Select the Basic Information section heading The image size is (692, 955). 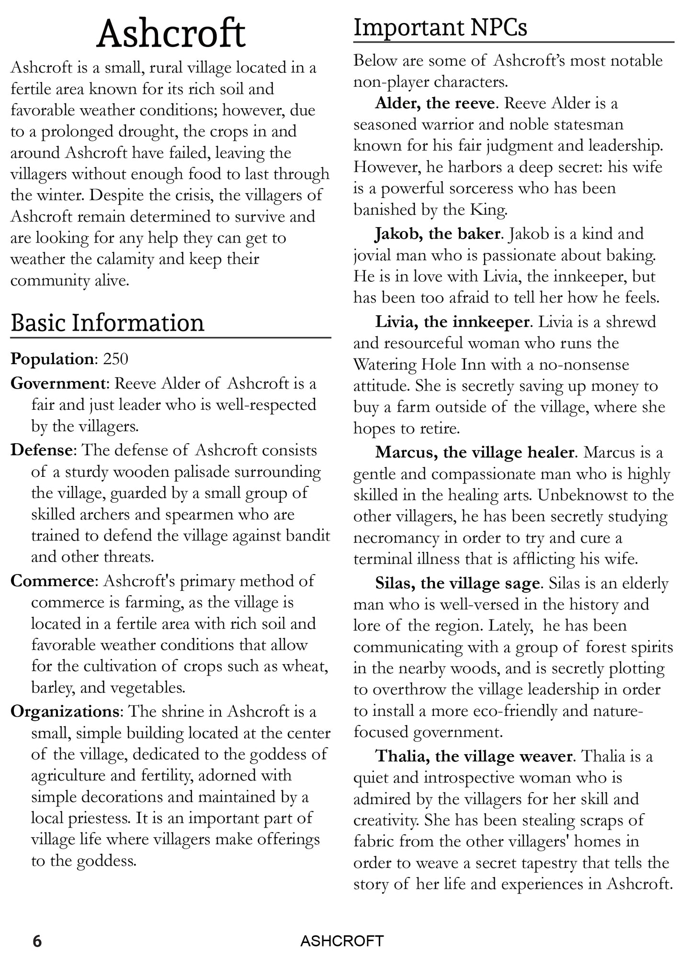tap(107, 322)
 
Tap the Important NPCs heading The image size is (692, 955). tap(440, 27)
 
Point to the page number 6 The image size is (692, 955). tap(37, 941)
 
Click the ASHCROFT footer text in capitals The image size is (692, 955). tap(342, 941)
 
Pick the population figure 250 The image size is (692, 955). tap(115, 359)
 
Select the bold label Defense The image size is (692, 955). tap(41, 450)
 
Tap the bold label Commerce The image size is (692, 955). tap(52, 581)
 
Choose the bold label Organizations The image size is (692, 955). tap(65, 711)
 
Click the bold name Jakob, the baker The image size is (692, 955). tap(437, 234)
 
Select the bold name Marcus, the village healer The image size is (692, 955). tap(475, 452)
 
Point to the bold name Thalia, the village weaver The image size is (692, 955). tap(474, 756)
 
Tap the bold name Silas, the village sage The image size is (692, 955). tap(457, 583)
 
